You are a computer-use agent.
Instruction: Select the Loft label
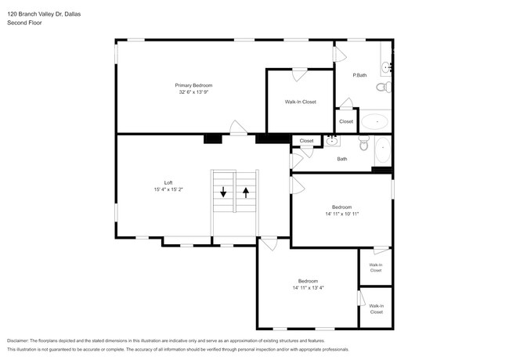tap(168, 182)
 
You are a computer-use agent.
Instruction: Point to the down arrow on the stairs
tap(223, 192)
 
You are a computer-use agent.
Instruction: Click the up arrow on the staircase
tap(246, 192)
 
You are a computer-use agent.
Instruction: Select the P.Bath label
tap(359, 75)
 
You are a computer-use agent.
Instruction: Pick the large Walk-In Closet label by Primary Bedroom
tap(300, 102)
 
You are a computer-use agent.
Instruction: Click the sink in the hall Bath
tap(333, 141)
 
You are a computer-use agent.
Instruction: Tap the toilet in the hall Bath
tap(363, 144)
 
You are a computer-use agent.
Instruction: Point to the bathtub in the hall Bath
tap(381, 150)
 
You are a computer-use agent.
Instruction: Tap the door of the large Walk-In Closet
tap(299, 75)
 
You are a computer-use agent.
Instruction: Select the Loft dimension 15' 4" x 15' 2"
tap(168, 189)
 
